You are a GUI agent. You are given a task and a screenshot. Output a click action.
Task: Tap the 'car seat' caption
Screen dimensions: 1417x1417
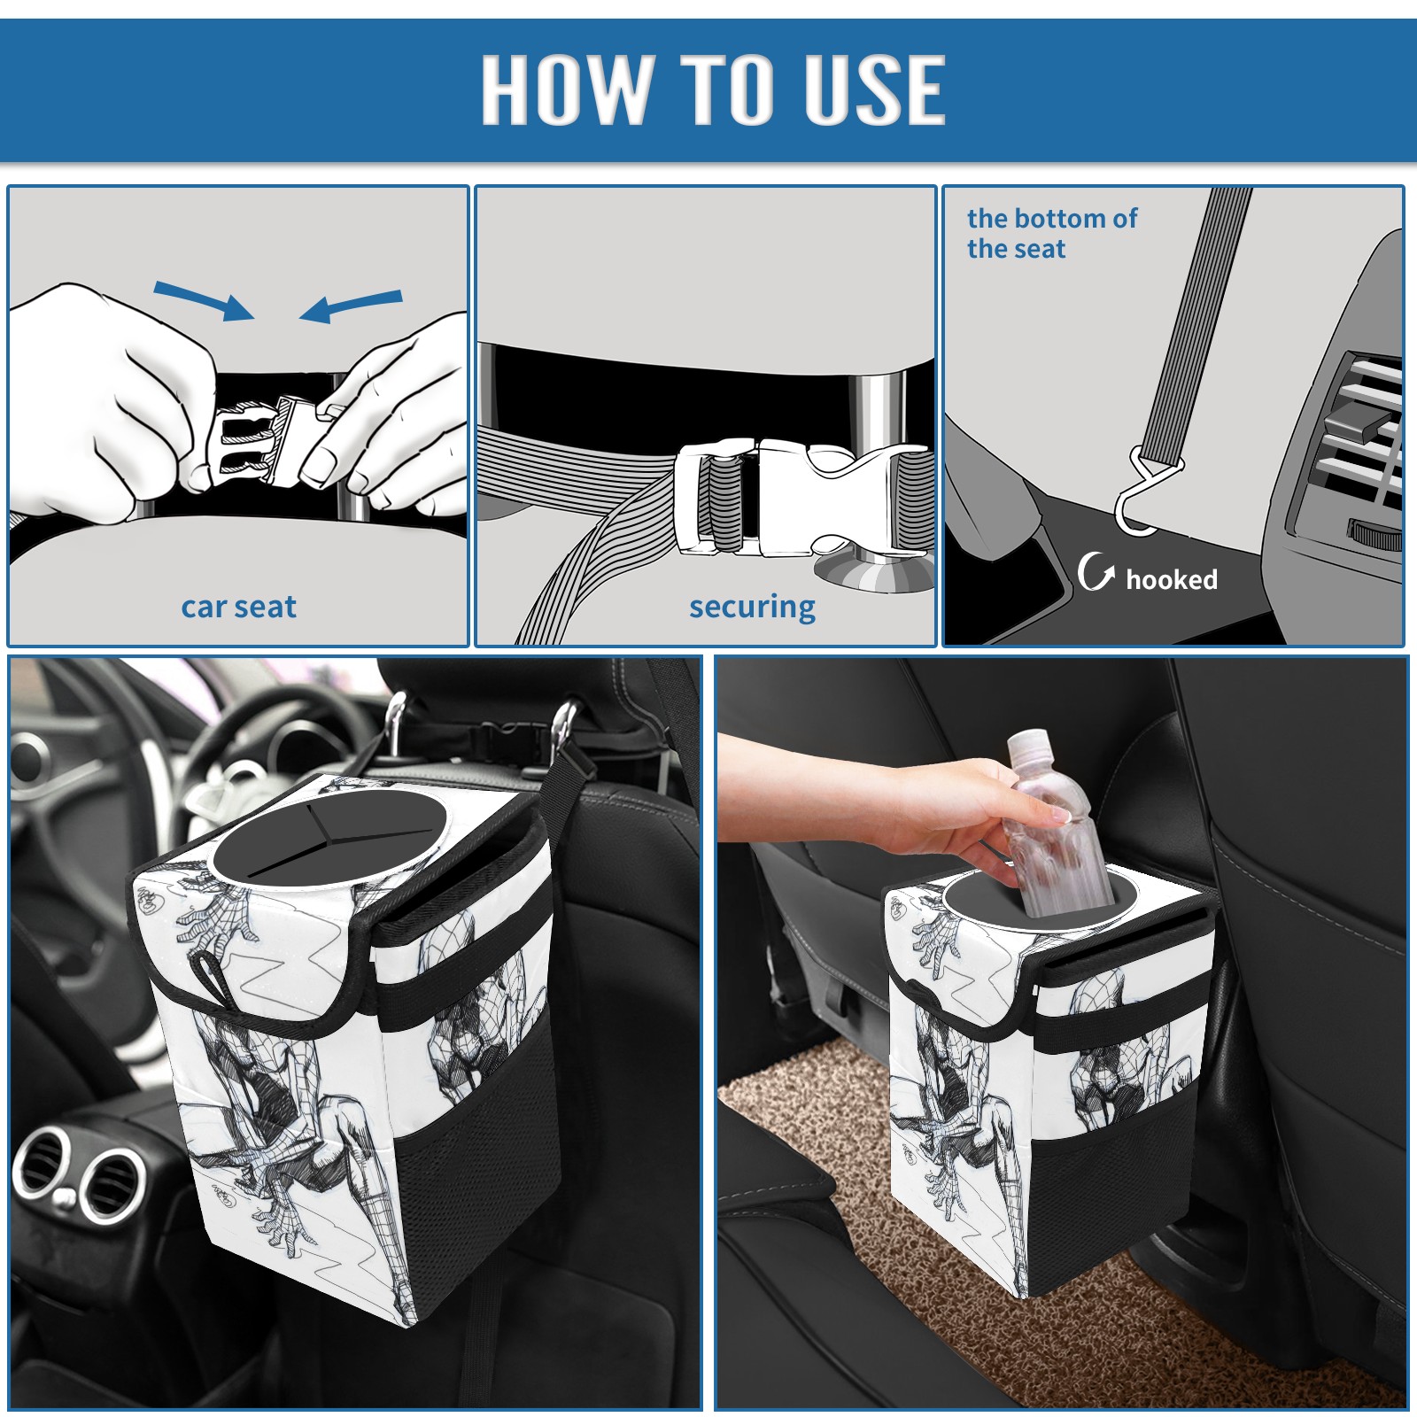tap(238, 607)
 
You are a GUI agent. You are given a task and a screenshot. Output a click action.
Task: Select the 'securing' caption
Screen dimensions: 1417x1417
tap(752, 607)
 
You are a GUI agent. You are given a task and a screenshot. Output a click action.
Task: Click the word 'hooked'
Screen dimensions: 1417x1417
tap(1171, 579)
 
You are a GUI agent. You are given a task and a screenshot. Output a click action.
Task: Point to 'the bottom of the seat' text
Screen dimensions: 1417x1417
tap(1051, 233)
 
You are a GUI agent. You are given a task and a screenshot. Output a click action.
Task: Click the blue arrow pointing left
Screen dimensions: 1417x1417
tap(351, 306)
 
